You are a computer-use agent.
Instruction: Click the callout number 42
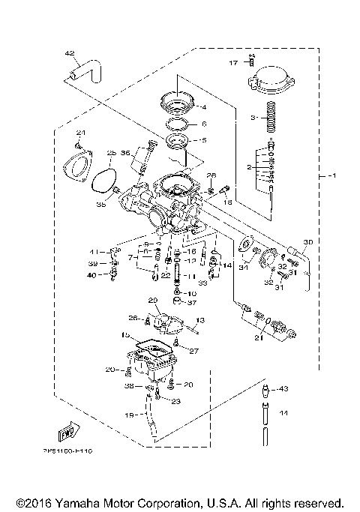point(70,53)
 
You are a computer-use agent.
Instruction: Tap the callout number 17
point(233,63)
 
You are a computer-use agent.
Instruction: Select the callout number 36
point(126,154)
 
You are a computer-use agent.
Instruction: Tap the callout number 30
point(307,241)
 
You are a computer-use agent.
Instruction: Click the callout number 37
point(191,304)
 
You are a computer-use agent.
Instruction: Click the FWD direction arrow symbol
point(67,433)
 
